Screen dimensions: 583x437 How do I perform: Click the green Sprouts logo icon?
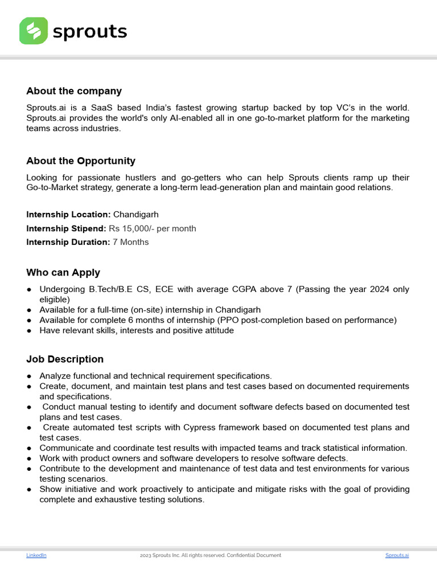pos(34,31)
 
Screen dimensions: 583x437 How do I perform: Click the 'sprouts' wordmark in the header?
pos(89,31)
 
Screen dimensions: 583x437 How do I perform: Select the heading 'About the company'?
pos(74,91)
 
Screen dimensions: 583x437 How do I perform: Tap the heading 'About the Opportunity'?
pos(81,161)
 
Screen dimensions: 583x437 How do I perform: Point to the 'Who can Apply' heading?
pos(63,273)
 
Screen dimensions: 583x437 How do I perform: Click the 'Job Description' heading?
pos(65,359)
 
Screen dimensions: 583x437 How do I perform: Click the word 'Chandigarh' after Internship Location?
pos(136,215)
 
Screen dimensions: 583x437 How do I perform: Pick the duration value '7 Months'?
pos(131,242)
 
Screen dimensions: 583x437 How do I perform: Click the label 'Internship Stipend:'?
pos(66,228)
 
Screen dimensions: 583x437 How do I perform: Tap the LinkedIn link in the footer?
pos(36,555)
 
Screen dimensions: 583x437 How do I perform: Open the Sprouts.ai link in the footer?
pos(397,555)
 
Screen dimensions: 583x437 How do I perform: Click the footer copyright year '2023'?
pos(145,555)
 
